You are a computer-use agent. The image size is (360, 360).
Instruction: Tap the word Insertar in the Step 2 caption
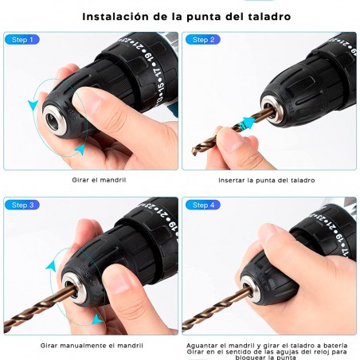tap(233, 180)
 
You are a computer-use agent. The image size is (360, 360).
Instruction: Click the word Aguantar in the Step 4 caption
tap(204, 340)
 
